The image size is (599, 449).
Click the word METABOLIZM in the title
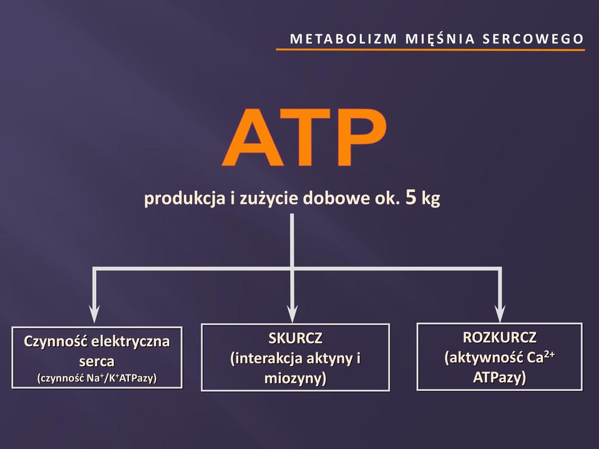[343, 39]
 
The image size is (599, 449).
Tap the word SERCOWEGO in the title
[533, 39]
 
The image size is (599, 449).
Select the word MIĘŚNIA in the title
[440, 39]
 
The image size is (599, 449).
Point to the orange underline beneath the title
[430, 50]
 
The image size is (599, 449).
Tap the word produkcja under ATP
[185, 199]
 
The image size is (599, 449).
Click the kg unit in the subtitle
[431, 198]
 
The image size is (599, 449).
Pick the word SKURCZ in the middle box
[295, 338]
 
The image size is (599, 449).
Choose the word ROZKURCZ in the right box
[500, 337]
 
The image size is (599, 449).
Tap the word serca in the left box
[97, 361]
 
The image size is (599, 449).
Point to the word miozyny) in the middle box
[295, 379]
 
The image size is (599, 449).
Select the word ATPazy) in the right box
[499, 378]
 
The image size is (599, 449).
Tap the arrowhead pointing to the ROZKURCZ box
[500, 314]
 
